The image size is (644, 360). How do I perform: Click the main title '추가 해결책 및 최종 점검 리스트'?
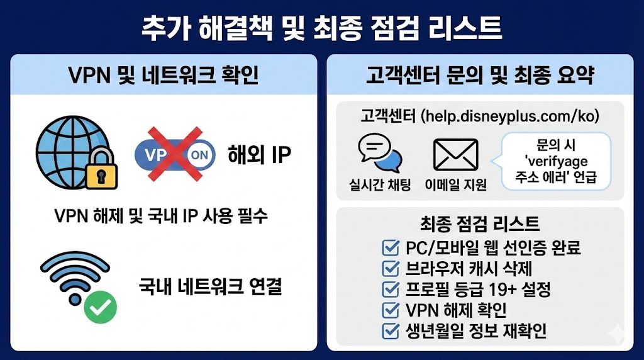(x=322, y=28)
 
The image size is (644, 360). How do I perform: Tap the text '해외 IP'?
(x=259, y=155)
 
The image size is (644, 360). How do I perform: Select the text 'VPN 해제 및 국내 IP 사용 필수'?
(x=162, y=217)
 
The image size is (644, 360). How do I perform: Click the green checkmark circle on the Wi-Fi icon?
(x=101, y=307)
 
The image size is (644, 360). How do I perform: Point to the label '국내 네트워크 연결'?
(x=210, y=288)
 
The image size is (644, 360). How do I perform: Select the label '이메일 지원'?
(x=456, y=184)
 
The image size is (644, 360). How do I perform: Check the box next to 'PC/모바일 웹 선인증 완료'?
(x=390, y=247)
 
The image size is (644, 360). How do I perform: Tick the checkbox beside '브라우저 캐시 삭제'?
(x=390, y=269)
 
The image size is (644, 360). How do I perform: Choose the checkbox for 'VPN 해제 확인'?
(x=390, y=310)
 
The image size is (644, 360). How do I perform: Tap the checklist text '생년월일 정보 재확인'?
(x=475, y=330)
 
